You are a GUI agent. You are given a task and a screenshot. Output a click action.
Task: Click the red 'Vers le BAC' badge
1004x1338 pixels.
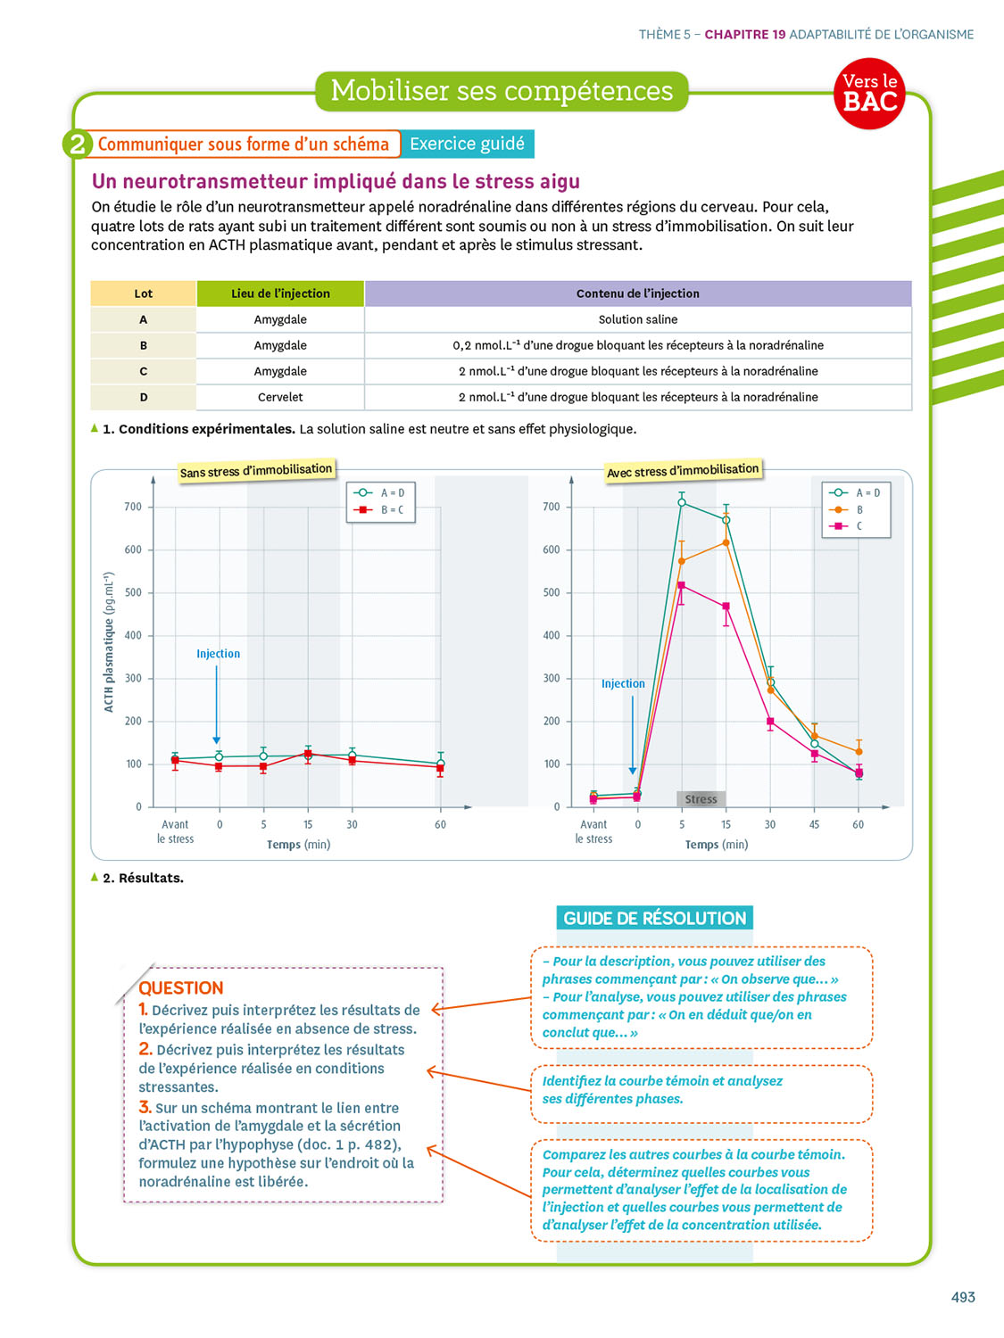click(870, 93)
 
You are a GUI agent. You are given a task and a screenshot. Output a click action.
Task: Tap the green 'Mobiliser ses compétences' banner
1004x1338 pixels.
click(502, 91)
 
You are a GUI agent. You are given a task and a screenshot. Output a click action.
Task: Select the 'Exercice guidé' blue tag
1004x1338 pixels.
click(467, 144)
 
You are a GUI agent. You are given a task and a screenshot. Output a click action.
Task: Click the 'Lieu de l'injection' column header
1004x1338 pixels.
click(280, 293)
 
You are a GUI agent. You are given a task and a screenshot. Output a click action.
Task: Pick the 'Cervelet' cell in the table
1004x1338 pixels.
click(280, 397)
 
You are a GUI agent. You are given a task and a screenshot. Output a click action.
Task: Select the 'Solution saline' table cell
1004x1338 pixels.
click(637, 319)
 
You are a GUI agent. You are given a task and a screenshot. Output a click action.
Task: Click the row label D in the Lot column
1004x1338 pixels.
click(143, 397)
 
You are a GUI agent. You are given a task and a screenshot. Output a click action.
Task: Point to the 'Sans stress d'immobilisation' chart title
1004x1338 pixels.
click(255, 471)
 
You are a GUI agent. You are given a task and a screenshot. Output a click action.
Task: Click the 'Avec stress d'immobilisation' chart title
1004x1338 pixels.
click(683, 471)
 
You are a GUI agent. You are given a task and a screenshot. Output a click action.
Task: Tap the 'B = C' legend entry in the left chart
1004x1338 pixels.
click(382, 510)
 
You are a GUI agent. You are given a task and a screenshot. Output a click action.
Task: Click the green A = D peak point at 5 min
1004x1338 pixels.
click(682, 503)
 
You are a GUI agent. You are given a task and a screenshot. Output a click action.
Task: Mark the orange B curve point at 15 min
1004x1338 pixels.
click(726, 542)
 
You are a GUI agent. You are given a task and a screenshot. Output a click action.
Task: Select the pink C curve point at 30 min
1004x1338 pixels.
click(770, 722)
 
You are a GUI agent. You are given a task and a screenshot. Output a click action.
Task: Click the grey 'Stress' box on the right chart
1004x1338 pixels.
click(701, 799)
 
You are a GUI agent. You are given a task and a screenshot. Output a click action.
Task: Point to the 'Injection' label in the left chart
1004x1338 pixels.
click(218, 654)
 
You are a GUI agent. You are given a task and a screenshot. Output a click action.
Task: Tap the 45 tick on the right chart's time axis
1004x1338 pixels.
click(814, 825)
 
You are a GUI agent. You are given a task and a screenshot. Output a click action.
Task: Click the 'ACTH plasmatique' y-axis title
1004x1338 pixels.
click(109, 642)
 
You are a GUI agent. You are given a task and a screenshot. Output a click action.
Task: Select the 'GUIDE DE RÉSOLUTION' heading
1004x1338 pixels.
click(654, 918)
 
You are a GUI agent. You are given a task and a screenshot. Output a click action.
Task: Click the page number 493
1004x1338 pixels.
click(963, 1297)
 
